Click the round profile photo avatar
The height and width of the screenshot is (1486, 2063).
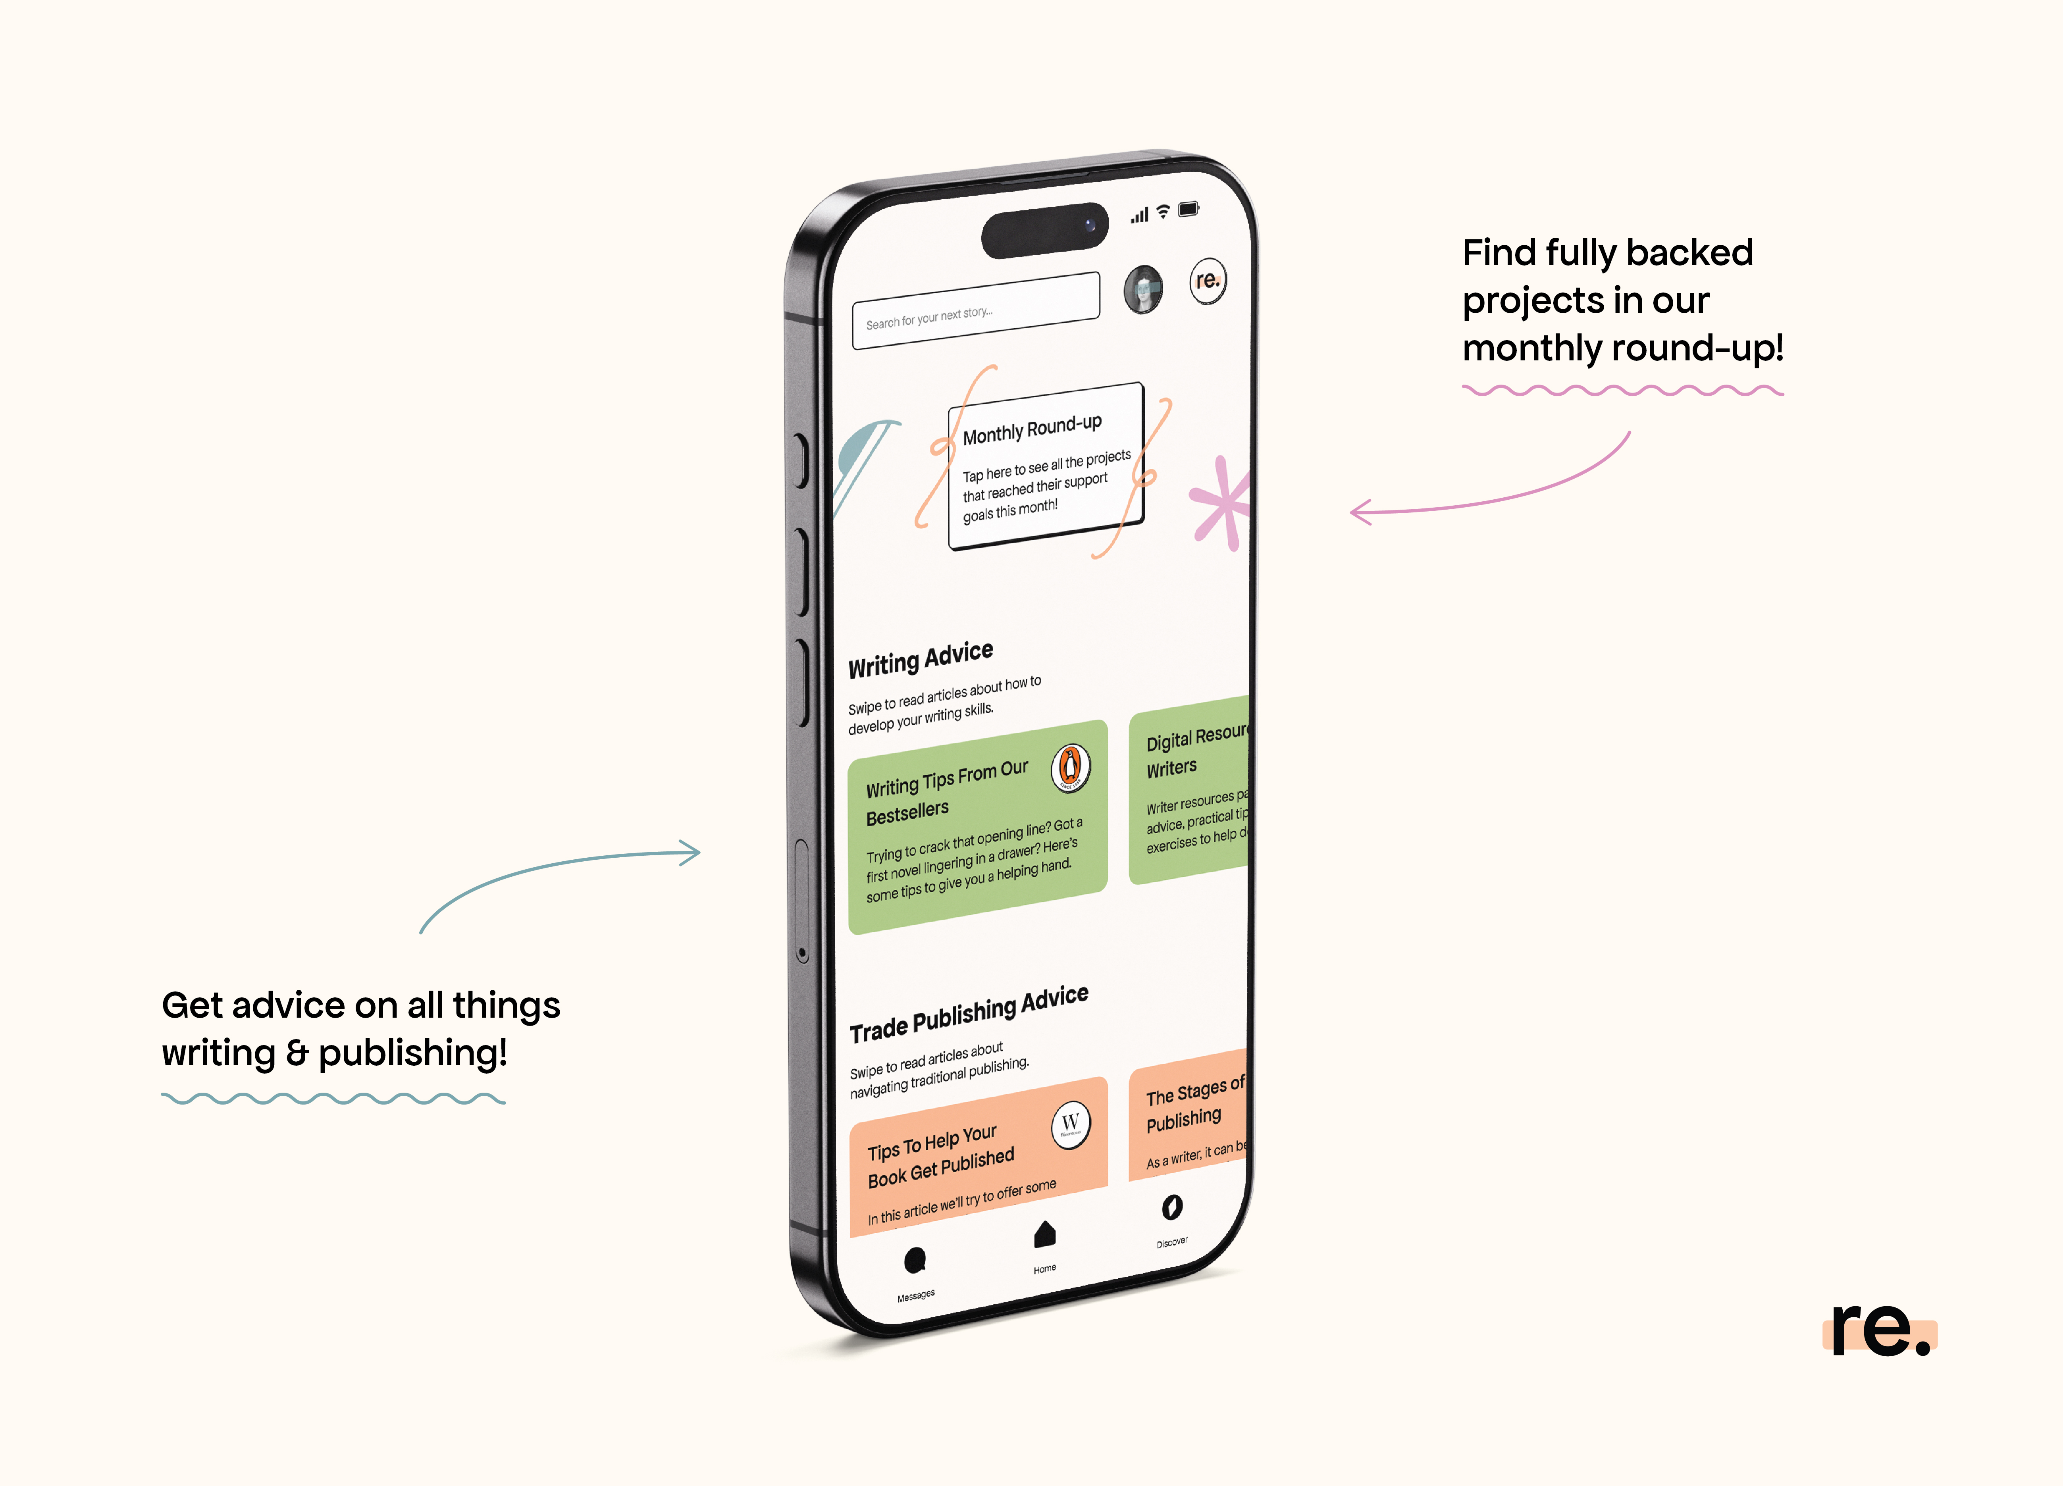pyautogui.click(x=1142, y=289)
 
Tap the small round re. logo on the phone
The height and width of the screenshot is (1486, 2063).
pyautogui.click(x=1208, y=281)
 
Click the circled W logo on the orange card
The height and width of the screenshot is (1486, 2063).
pyautogui.click(x=1071, y=1125)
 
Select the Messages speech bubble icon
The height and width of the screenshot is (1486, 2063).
pyautogui.click(x=915, y=1261)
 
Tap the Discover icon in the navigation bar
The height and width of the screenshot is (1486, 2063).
pyautogui.click(x=1171, y=1208)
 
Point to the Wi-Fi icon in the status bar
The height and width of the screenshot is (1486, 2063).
pyautogui.click(x=1162, y=213)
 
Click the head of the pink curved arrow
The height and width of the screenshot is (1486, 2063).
pyautogui.click(x=1357, y=512)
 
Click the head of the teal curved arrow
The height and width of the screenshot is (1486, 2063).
pyautogui.click(x=693, y=853)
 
